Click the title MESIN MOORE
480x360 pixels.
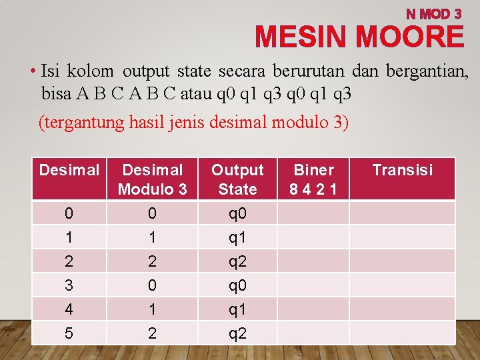[x=359, y=37]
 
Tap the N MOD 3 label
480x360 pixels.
[x=434, y=13]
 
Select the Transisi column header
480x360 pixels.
[x=402, y=170]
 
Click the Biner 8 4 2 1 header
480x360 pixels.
[x=313, y=179]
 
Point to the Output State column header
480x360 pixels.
[x=237, y=179]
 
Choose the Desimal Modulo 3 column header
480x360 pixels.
[x=153, y=179]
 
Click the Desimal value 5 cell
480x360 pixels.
[x=69, y=333]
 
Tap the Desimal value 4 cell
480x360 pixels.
[x=69, y=309]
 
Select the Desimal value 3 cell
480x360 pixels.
[x=69, y=285]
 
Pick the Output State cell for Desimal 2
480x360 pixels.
[x=237, y=261]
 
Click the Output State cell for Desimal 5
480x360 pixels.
[x=237, y=333]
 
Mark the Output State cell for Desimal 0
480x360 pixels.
[x=237, y=213]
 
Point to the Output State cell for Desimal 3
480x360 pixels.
[x=237, y=285]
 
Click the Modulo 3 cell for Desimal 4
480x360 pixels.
[x=153, y=309]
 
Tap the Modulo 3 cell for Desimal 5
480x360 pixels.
[x=153, y=333]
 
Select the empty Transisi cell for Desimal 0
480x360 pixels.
[x=402, y=213]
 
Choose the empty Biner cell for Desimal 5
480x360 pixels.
[x=313, y=333]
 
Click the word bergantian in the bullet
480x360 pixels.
[x=431, y=70]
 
